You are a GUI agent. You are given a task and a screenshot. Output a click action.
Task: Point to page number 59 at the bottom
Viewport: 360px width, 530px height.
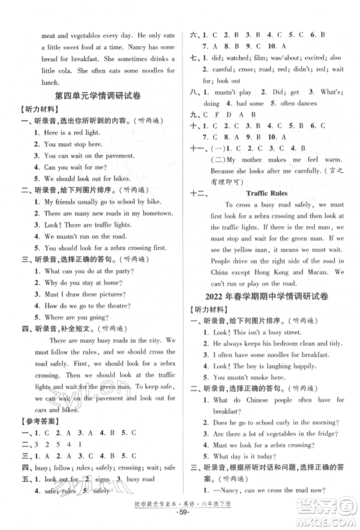click(x=180, y=519)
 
